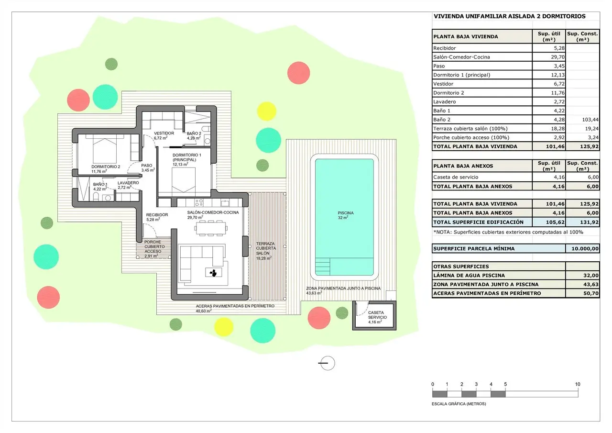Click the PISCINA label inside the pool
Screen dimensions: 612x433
[x=346, y=213]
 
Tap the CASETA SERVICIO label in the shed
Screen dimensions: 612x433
[x=377, y=315]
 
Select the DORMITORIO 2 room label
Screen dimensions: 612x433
[x=106, y=167]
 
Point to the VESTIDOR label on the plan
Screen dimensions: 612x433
[x=164, y=133]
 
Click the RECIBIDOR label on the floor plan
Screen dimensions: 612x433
[x=157, y=215]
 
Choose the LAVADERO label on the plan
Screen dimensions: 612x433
[x=128, y=183]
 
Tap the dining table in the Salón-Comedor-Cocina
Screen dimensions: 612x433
[x=211, y=228]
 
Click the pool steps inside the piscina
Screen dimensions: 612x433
[x=323, y=266]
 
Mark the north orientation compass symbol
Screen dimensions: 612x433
[x=327, y=363]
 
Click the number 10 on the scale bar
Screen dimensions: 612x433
[x=577, y=384]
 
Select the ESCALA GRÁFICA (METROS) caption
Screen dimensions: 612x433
[x=459, y=404]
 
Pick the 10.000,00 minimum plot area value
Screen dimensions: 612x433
[x=585, y=249]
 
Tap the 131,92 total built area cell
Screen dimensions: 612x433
[x=590, y=222]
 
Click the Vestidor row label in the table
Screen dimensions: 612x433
[x=443, y=84]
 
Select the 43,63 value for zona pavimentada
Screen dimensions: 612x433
[x=591, y=284]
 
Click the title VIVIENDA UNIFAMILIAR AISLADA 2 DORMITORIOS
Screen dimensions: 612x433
[x=510, y=16]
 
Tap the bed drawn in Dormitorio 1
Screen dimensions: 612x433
[x=184, y=180]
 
